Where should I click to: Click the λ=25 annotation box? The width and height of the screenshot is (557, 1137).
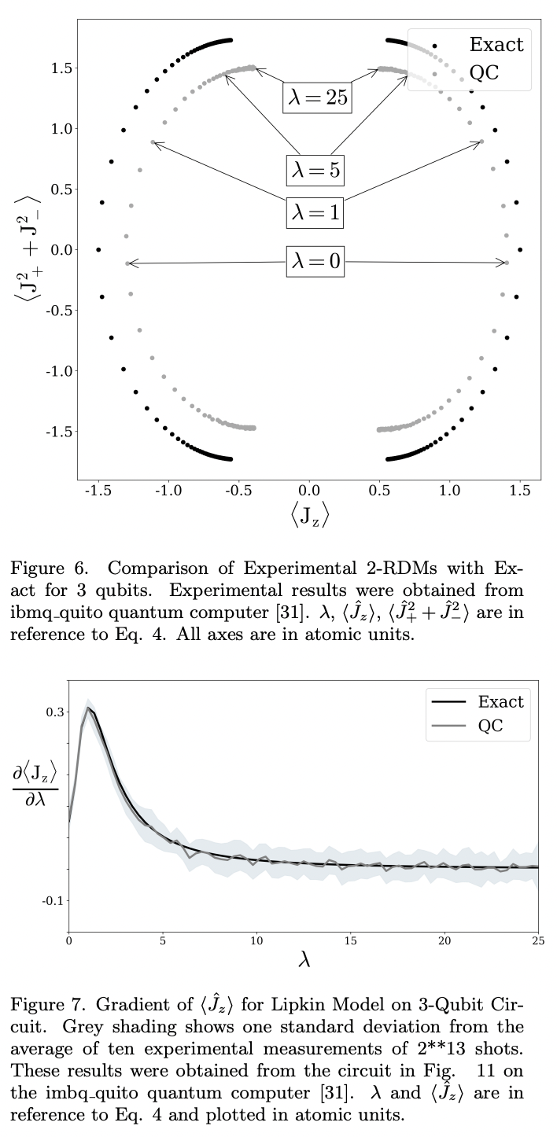click(x=316, y=98)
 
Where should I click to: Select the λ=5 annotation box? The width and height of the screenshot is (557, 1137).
click(x=316, y=168)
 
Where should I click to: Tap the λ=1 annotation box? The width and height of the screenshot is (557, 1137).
click(x=316, y=212)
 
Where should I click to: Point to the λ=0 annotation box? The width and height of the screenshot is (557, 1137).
click(x=316, y=262)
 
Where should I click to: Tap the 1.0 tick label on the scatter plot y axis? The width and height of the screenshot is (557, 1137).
click(x=59, y=129)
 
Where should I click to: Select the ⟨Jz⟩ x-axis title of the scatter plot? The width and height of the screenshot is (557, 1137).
click(x=309, y=517)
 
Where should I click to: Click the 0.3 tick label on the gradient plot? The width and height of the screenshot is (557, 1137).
click(x=53, y=712)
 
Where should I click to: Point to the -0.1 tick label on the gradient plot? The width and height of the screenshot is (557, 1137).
click(x=52, y=900)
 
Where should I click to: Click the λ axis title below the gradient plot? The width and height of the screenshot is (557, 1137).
click(x=305, y=960)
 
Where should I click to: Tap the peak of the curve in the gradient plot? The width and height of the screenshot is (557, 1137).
click(x=89, y=708)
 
